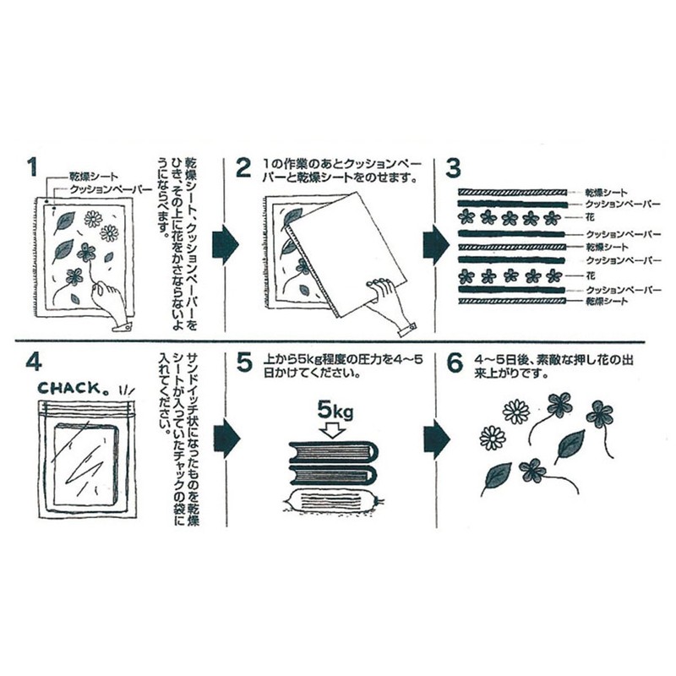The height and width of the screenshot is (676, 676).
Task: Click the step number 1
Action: point(33,166)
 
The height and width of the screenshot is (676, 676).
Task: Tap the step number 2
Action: point(244,166)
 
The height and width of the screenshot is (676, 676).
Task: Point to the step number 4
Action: point(34,363)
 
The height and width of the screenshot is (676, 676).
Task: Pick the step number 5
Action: point(244,363)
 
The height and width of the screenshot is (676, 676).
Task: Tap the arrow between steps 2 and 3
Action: point(433,239)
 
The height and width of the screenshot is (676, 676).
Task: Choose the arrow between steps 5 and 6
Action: point(433,436)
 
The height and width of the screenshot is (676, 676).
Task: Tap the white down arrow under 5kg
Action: point(332,432)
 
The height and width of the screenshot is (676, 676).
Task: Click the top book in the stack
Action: point(333,450)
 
